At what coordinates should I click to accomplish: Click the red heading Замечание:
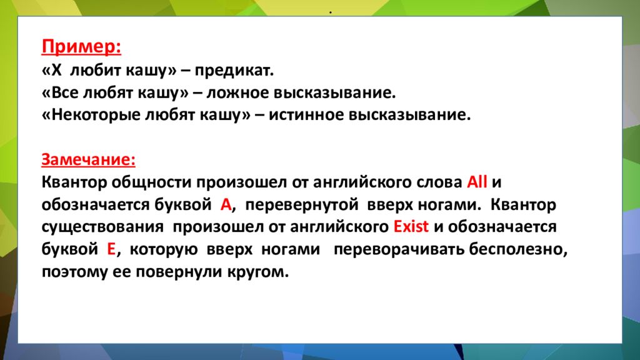[89, 159]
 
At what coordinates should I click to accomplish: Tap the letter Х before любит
[56, 71]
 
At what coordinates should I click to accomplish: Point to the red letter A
[226, 205]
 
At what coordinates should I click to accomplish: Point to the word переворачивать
[399, 249]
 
